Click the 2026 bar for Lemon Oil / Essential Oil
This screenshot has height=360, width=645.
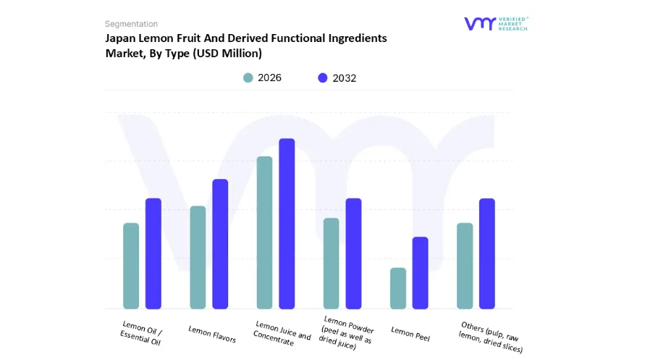tap(131, 266)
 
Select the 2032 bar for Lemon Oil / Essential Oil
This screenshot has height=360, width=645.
tap(153, 254)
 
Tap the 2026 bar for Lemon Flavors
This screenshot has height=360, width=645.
tap(198, 257)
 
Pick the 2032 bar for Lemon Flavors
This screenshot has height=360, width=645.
tap(220, 244)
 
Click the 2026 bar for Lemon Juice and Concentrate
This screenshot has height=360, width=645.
tap(264, 233)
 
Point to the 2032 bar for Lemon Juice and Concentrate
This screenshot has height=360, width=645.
tap(287, 223)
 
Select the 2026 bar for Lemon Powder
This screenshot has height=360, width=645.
tap(331, 264)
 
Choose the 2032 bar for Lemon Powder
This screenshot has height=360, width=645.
tap(353, 254)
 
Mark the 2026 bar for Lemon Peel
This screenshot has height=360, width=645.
tap(398, 288)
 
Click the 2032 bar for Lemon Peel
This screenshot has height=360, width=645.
tap(420, 273)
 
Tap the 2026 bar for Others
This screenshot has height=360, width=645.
tap(465, 266)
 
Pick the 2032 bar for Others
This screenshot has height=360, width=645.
tap(487, 254)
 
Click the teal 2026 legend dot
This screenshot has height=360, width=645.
tap(248, 78)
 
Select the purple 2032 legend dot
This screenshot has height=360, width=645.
tap(323, 78)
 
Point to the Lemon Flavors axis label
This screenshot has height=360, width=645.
tap(212, 334)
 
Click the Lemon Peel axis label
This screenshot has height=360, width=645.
tap(410, 332)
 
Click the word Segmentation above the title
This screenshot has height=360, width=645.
tap(131, 24)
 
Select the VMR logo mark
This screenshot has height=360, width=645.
tap(480, 24)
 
